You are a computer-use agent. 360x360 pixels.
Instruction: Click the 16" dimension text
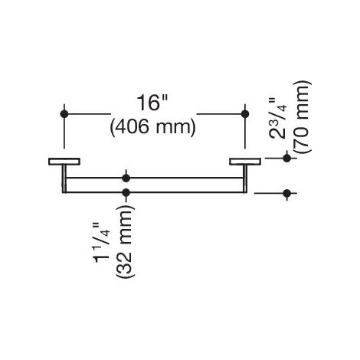coord(152,103)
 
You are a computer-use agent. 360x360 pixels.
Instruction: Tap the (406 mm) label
coord(152,127)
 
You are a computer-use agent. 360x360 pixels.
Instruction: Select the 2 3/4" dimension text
coord(278,118)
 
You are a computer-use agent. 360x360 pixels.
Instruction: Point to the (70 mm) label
coord(302,117)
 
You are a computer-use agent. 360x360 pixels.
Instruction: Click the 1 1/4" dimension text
coord(103,243)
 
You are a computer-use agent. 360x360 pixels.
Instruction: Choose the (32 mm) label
coord(125,241)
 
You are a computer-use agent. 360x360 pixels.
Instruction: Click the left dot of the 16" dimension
coord(64,114)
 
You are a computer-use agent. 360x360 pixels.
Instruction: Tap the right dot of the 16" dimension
coord(245,114)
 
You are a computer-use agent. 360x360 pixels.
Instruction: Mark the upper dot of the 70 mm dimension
coord(287,158)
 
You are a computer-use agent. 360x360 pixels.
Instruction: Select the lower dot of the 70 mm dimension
coord(287,193)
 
